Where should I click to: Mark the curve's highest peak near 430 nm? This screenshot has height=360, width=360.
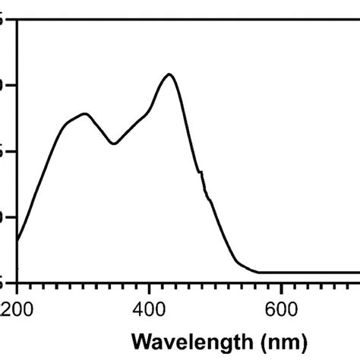[169, 74]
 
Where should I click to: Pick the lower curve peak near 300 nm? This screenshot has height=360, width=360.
[85, 114]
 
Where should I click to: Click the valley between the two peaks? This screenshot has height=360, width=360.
[114, 144]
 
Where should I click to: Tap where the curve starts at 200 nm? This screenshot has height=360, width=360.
[17, 242]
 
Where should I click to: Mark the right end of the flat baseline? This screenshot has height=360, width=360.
[358, 272]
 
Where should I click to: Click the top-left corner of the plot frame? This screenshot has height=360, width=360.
[17, 19]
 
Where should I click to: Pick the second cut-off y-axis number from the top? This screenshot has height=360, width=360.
[4, 84]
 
